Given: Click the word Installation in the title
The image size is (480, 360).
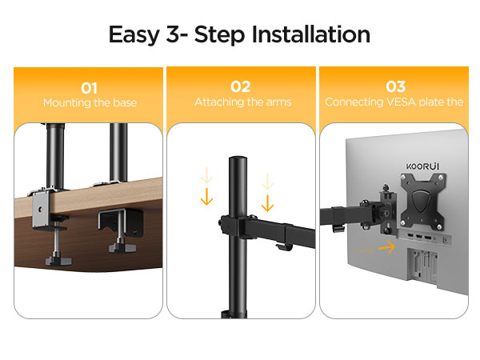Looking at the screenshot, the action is click(x=310, y=34).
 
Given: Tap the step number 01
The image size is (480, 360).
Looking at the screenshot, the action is click(x=89, y=89).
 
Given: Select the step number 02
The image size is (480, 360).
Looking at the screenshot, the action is click(x=241, y=86).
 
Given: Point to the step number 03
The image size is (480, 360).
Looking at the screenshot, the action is click(x=395, y=86).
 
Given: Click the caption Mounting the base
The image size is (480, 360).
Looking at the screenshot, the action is click(x=90, y=102).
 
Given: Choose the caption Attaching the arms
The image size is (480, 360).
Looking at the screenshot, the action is click(x=242, y=102).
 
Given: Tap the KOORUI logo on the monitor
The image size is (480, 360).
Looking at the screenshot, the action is click(x=422, y=166).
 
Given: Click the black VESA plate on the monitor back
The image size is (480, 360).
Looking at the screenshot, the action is click(x=423, y=202).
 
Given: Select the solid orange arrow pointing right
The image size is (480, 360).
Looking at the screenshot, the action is click(x=386, y=246).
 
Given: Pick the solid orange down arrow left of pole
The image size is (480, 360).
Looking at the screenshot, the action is click(x=206, y=197).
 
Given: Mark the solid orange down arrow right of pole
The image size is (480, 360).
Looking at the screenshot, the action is click(x=267, y=203).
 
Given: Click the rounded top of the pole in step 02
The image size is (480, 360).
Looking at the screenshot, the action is click(x=238, y=159).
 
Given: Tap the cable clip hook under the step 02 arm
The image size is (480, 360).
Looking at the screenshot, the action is click(x=283, y=247).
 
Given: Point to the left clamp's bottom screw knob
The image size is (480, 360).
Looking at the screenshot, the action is click(x=58, y=261).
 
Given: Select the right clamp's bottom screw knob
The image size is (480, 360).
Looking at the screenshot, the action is click(x=122, y=247).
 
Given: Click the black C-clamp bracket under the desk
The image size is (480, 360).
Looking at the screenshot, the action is click(x=121, y=223).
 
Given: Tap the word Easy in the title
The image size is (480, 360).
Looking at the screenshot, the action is click(x=134, y=35).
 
